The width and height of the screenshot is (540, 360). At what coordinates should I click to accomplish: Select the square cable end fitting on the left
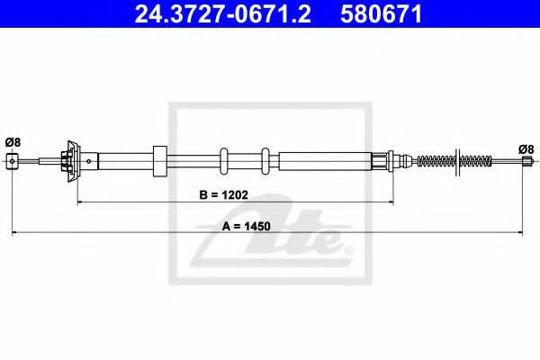tap(12, 161)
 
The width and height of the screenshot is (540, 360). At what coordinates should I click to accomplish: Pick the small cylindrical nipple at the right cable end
tap(526, 162)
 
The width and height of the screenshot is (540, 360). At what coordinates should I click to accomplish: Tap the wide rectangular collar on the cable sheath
tap(161, 161)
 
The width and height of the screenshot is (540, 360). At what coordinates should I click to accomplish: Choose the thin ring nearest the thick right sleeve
tap(265, 161)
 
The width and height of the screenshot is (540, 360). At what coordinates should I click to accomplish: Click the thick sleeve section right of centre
tap(324, 161)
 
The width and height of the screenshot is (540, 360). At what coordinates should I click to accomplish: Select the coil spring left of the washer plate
tap(436, 161)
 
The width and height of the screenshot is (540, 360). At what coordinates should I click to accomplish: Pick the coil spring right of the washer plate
tap(474, 162)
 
